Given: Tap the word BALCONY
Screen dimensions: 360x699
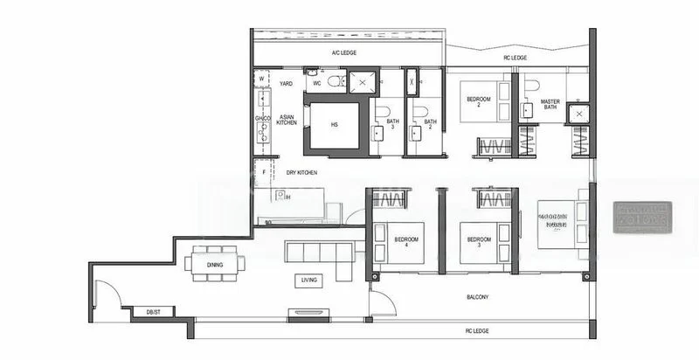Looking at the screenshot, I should click(477, 297).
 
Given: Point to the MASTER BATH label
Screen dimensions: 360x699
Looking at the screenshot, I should click(550, 104).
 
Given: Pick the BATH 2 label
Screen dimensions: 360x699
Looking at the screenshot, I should click(428, 125).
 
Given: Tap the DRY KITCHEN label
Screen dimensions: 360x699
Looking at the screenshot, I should click(302, 173).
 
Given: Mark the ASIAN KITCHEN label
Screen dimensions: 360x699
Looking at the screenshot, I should click(287, 119).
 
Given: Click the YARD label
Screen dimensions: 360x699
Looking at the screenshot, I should click(286, 83).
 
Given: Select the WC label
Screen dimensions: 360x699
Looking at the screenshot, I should click(317, 83).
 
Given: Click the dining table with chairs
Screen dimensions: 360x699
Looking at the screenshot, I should click(214, 263).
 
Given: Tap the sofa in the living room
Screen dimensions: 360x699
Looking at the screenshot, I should click(319, 253).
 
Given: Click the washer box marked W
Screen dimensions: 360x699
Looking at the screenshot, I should click(261, 79).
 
